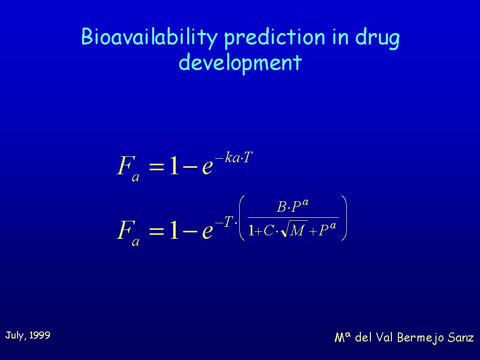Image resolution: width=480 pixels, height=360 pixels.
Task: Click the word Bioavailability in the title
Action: click(x=149, y=38)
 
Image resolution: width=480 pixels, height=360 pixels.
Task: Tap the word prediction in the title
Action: click(x=274, y=38)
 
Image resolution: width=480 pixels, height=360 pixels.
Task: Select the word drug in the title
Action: click(x=377, y=38)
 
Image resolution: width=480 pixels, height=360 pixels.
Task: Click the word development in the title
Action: click(x=240, y=63)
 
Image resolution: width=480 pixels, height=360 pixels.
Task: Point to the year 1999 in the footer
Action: click(x=40, y=335)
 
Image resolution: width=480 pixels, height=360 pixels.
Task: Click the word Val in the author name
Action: click(x=384, y=337)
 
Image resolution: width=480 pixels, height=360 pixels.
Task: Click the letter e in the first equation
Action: click(x=207, y=167)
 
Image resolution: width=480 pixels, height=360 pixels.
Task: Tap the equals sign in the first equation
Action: click(x=157, y=167)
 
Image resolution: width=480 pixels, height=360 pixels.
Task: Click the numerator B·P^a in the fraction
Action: click(x=293, y=206)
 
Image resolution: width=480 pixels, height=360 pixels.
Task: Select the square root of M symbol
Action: click(x=294, y=230)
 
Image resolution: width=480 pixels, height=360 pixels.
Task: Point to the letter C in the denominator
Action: click(x=268, y=230)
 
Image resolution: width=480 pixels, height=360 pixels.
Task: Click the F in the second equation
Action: click(x=124, y=230)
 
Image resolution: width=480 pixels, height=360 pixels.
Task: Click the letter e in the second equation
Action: click(x=207, y=232)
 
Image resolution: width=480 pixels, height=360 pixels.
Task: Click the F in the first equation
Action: click(x=124, y=165)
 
